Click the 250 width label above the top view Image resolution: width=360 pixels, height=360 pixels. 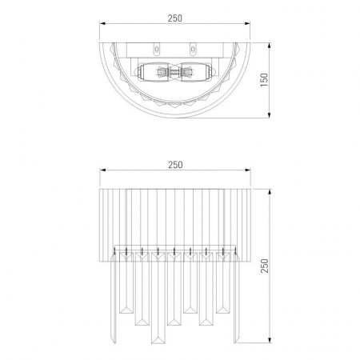175,18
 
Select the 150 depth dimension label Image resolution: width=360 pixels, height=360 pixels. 264,80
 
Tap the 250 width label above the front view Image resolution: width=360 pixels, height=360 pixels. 175,165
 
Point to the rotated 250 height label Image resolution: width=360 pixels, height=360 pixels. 265,266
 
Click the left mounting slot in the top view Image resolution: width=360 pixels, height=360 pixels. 157,50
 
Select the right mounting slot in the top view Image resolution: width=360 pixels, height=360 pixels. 193,50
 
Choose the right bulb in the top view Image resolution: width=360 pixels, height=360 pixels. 197,71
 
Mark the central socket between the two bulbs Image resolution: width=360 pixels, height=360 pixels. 174,71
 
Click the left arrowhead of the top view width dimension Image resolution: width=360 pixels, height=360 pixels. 102,23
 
